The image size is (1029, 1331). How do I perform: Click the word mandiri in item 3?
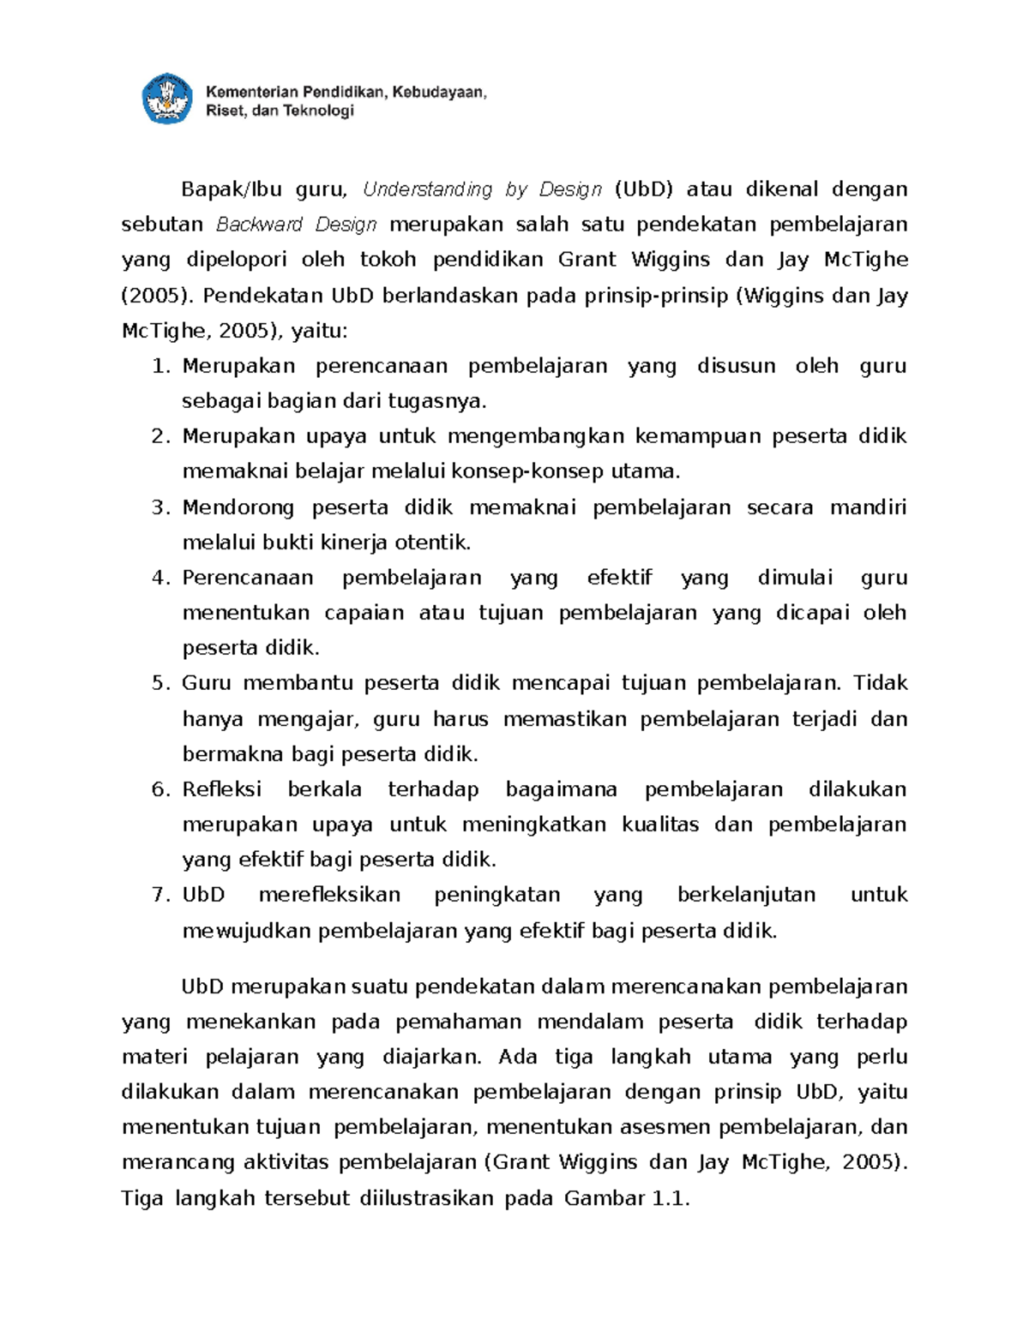868,507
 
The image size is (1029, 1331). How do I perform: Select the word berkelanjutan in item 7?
746,895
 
